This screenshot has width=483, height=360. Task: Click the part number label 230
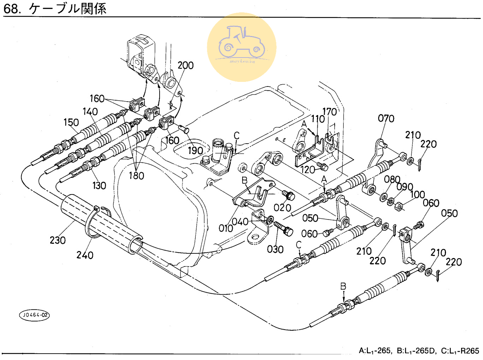click(58, 240)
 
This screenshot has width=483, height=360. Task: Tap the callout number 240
click(85, 255)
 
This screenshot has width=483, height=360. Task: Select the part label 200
click(185, 65)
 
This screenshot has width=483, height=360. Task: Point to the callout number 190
click(195, 151)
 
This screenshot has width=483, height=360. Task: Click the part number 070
click(386, 119)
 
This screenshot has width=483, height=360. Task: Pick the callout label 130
click(99, 186)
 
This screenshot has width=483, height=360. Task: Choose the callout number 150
click(71, 122)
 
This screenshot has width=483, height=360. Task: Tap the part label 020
click(282, 208)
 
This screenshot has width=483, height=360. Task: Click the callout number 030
click(275, 250)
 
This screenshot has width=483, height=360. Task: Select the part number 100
click(417, 194)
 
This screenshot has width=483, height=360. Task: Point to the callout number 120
click(308, 170)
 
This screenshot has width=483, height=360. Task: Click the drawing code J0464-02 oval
click(34, 315)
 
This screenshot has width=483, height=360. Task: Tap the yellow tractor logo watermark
click(241, 47)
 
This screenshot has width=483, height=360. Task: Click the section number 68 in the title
click(11, 9)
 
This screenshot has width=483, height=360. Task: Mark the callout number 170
click(329, 112)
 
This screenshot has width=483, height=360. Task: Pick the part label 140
click(90, 112)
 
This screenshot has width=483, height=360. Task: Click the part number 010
click(226, 228)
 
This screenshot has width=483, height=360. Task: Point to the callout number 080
click(392, 179)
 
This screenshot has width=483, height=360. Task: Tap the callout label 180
click(136, 175)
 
